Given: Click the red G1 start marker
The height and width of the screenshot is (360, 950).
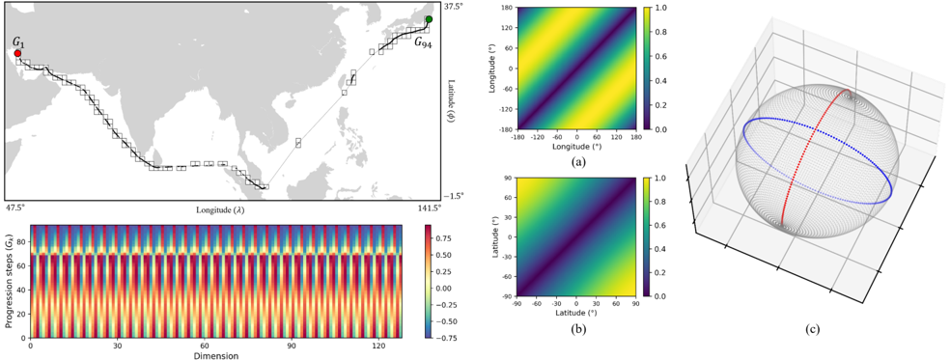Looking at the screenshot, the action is [17, 53].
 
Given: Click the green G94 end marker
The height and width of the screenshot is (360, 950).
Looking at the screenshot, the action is [429, 19].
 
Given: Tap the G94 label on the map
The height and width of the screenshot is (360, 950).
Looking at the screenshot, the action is [423, 42].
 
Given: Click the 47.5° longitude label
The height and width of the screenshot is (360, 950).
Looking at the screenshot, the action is [15, 208].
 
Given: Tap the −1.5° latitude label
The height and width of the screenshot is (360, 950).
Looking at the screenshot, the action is [454, 196].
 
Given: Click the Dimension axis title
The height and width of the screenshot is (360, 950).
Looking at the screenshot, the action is [215, 355].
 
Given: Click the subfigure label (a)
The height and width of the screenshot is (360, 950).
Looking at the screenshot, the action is [576, 162].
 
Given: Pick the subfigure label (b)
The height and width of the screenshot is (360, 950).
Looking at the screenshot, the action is [576, 330].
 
